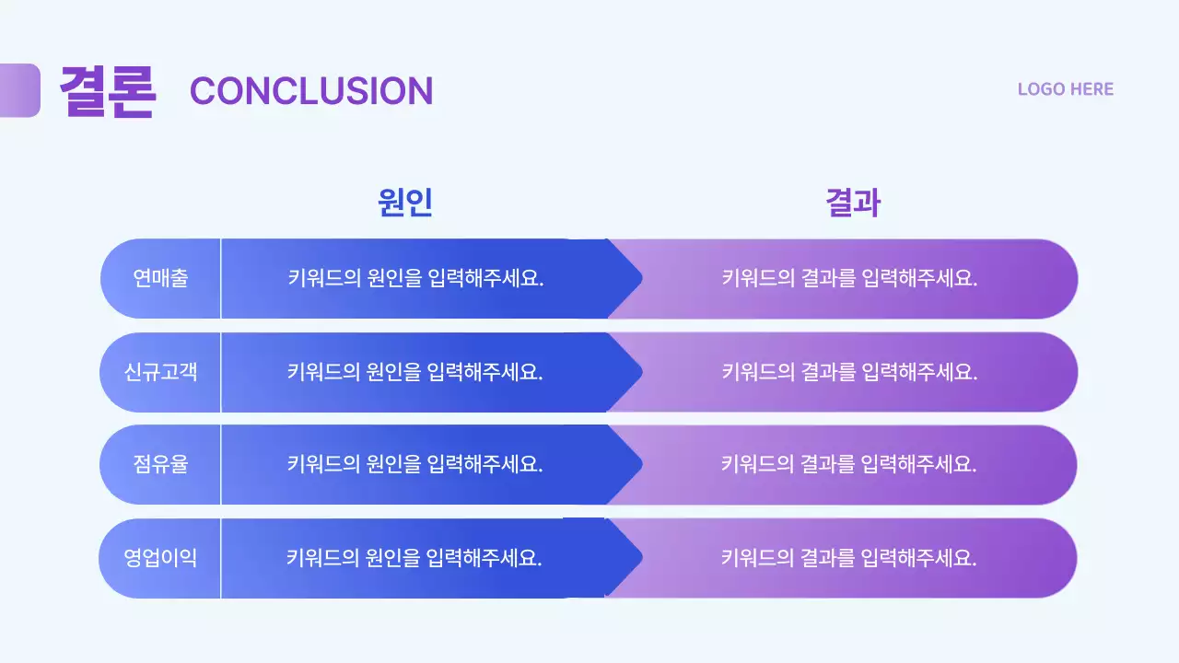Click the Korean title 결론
point(108,90)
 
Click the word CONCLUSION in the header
point(311,90)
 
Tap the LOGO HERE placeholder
point(1065,89)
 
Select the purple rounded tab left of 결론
point(19,90)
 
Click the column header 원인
point(404,202)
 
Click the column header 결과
point(853,202)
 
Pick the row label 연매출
point(160,278)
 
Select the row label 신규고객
point(160,372)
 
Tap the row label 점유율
point(160,464)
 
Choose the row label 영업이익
point(160,557)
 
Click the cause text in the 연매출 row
point(415,278)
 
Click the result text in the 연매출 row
point(849,278)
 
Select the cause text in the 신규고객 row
point(415,372)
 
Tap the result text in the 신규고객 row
point(849,372)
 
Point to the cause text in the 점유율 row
point(415,464)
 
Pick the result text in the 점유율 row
point(849,464)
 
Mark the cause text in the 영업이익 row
point(414,557)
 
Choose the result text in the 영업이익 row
point(849,557)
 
